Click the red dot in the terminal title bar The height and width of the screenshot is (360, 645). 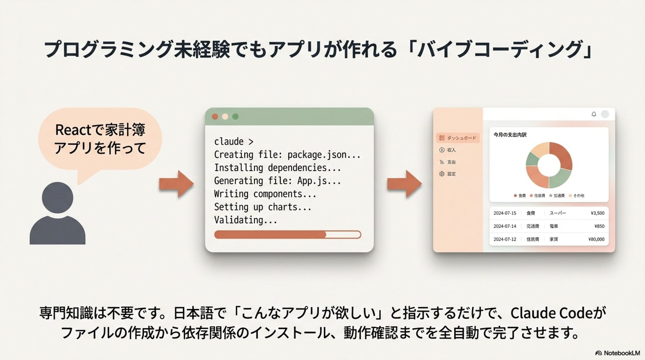point(215,117)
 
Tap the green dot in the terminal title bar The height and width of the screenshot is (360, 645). point(235,117)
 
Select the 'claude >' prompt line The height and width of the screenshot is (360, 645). point(234,142)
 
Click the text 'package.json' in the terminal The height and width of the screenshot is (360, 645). point(317,155)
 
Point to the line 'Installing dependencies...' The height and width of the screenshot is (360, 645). point(277,168)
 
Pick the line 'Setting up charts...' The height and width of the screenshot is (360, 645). point(263,207)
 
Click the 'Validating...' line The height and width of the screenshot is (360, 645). point(246,220)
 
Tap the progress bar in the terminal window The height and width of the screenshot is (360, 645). point(288,234)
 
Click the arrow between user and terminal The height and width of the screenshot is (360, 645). point(176,183)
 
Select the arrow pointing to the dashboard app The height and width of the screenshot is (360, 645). point(404,183)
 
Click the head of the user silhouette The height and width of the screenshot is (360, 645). point(57,197)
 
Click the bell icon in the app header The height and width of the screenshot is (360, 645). point(594,114)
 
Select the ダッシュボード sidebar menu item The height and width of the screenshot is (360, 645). point(458,138)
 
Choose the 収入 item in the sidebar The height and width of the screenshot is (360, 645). point(451,150)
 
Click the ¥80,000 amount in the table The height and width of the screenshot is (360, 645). point(596,239)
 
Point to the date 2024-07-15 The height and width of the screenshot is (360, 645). point(505,213)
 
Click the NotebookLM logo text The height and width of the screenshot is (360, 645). point(621,353)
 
